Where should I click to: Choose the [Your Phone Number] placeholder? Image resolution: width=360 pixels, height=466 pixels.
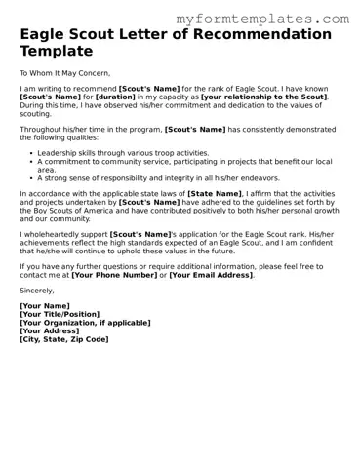pos(117,275)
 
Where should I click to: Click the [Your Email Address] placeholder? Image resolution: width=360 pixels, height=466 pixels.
pos(210,275)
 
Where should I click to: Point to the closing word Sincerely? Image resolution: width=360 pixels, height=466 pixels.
pos(38,291)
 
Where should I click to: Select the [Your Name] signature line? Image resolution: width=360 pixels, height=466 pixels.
pos(46,306)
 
